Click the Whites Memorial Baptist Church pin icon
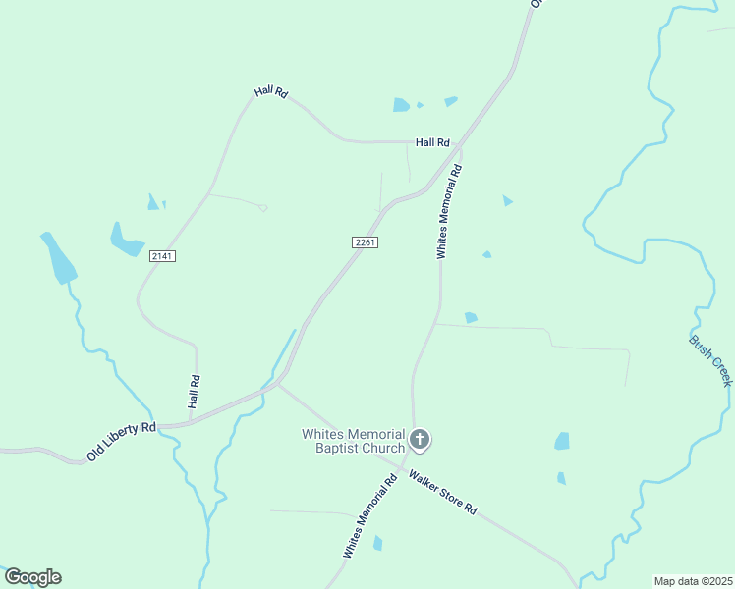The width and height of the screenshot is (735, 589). point(420,439)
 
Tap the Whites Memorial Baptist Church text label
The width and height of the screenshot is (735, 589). point(353,441)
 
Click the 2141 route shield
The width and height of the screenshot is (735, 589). point(162,255)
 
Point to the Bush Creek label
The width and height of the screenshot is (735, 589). point(710,360)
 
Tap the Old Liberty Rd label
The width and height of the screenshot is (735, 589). point(121,442)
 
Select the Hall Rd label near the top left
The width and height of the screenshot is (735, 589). point(270,92)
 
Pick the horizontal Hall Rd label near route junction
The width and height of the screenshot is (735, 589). point(432,142)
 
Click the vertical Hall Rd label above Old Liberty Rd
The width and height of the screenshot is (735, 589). point(195,393)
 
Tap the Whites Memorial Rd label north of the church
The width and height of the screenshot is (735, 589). point(448,211)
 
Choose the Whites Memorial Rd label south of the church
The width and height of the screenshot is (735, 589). point(368,515)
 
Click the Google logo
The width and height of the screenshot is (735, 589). point(32,577)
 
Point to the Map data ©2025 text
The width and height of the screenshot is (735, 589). point(693,581)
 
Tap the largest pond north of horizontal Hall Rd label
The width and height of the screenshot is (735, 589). point(401,104)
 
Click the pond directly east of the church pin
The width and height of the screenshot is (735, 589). point(562,441)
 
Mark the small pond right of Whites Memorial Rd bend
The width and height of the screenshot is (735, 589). point(471,317)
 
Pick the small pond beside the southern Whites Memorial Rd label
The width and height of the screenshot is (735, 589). point(377,543)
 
